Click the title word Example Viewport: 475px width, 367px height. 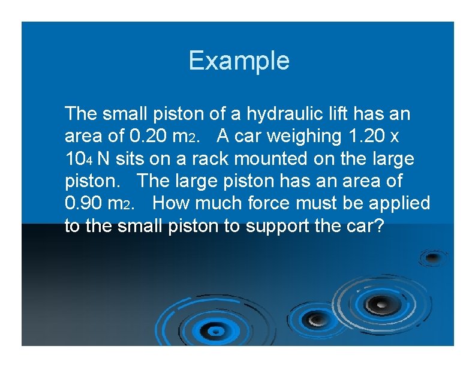tap(239, 61)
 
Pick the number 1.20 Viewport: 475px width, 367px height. tap(365, 136)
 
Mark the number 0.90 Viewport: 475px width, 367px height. tap(84, 204)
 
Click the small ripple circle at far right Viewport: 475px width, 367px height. tap(432, 258)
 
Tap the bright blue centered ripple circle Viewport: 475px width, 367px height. tap(213, 329)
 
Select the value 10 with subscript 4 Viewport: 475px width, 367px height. tap(77, 160)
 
